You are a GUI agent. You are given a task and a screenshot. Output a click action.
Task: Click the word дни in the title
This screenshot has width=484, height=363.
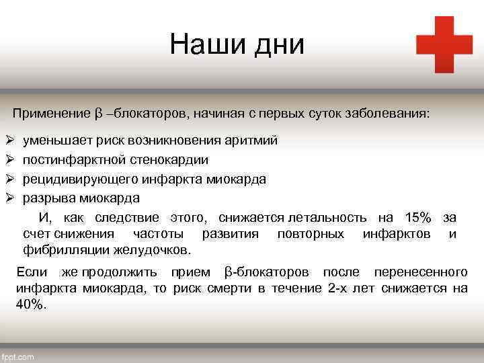278,45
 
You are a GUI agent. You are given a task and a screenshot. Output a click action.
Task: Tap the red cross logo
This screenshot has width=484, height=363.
444,44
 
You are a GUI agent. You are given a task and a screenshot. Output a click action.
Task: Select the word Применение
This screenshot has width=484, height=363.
50,112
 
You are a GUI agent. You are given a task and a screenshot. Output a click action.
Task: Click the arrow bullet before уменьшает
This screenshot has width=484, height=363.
9,141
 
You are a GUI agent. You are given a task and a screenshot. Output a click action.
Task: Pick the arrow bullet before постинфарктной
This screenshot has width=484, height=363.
9,160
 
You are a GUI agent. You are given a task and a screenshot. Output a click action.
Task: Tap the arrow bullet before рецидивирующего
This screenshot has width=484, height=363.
9,179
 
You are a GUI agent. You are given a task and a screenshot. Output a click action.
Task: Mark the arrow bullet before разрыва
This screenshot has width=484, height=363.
9,198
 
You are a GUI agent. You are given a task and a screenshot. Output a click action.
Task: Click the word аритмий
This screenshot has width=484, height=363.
250,141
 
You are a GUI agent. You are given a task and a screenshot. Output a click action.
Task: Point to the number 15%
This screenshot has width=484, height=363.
417,217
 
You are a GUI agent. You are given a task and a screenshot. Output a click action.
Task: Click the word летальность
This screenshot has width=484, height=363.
327,217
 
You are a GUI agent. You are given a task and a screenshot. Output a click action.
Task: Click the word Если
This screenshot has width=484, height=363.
31,272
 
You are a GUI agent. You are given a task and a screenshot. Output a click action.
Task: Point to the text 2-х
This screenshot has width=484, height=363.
344,288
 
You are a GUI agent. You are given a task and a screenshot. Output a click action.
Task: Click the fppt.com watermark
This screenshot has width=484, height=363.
19,357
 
